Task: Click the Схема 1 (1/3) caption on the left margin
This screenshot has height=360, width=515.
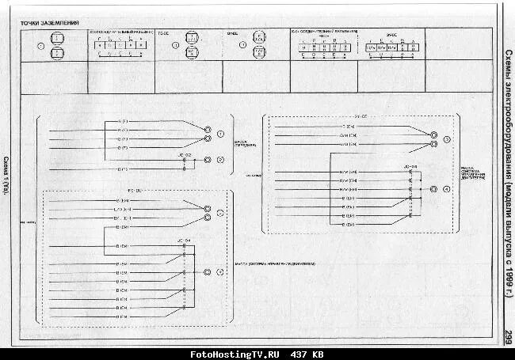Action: point(7,176)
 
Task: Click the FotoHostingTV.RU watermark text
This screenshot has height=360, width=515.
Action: point(235,354)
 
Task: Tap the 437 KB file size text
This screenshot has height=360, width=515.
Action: point(307,354)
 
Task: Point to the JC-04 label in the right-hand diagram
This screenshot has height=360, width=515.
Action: point(410,167)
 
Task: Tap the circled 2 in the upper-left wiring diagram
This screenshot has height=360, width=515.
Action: point(220,160)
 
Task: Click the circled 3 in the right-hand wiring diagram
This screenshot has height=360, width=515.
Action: point(447,139)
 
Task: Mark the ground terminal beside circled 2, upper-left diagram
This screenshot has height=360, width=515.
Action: point(208,160)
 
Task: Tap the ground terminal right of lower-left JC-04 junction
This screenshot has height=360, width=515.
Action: point(208,272)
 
